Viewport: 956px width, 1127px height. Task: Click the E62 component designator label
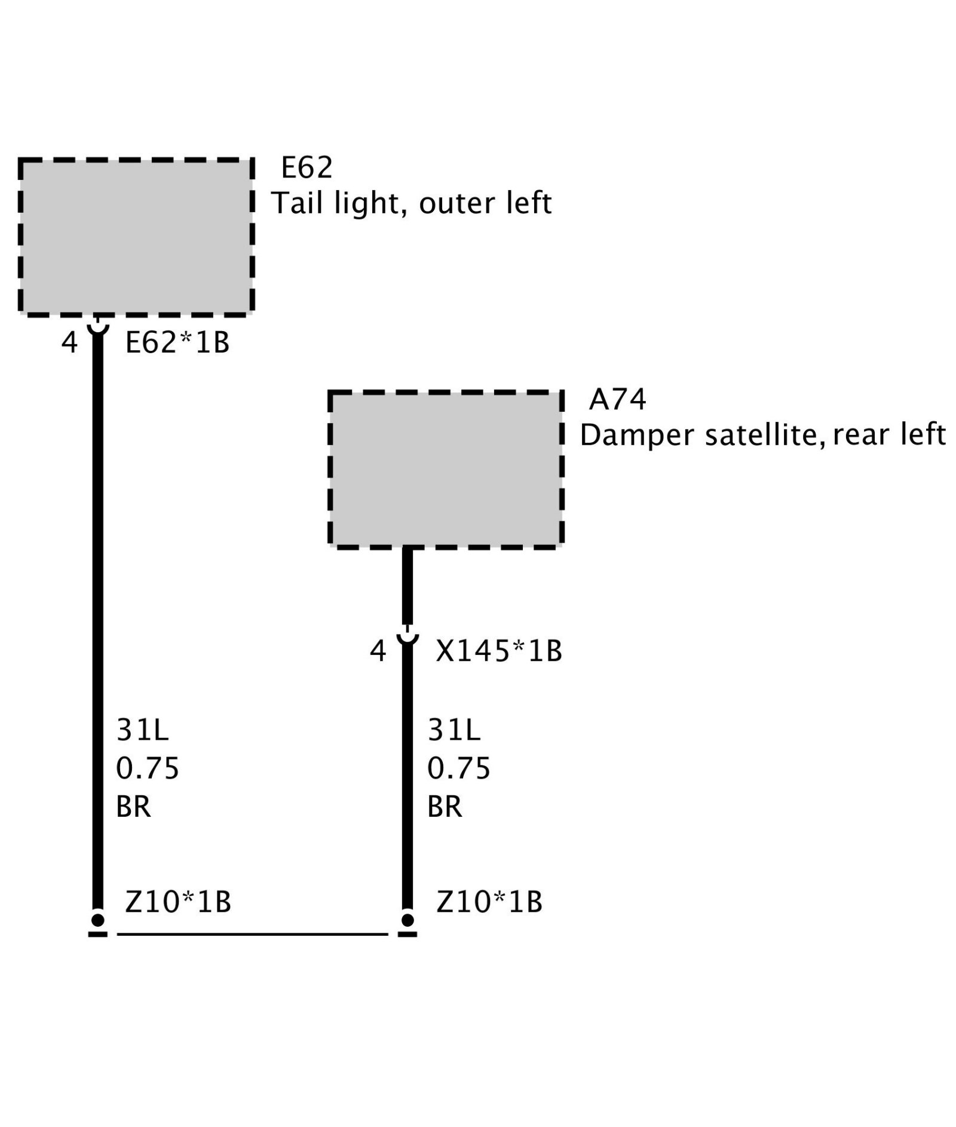307,168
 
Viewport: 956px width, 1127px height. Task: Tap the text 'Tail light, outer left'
411,204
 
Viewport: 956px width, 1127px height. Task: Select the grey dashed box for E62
136,237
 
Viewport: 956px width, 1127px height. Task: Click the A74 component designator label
617,400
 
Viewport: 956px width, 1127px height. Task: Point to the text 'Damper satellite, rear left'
762,435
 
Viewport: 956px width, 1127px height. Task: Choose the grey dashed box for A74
446,469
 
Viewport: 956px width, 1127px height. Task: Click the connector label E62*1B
177,343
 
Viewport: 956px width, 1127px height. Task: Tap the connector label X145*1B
499,651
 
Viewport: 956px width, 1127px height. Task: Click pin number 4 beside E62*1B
70,343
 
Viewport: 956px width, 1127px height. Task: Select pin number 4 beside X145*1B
378,651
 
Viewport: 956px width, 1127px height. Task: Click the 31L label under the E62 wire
143,730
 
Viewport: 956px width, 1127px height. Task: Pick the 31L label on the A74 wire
454,730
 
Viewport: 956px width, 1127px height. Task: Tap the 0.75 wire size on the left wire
148,768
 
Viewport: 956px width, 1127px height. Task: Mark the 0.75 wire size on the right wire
459,768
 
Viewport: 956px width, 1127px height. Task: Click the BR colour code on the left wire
133,807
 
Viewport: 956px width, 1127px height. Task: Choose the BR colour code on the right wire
445,807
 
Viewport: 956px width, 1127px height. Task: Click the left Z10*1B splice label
178,902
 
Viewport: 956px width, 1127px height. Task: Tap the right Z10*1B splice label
489,902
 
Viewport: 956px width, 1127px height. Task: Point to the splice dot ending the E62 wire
98,919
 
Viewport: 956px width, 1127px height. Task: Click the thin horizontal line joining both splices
252,933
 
